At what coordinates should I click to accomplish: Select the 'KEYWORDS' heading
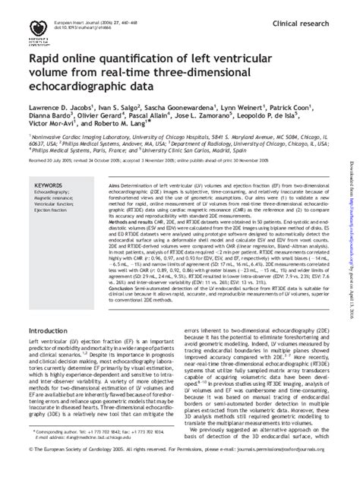coord(49,185)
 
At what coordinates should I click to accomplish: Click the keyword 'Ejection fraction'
coord(52,210)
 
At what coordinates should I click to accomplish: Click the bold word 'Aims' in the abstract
coord(115,185)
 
